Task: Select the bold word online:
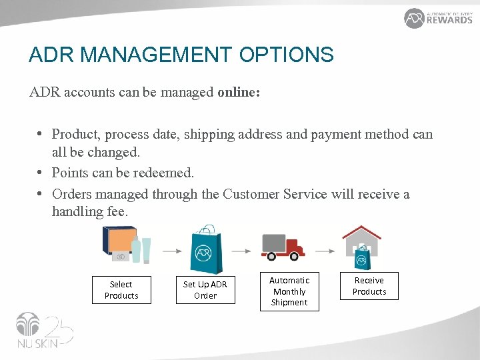(x=239, y=92)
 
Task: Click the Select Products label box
(x=121, y=290)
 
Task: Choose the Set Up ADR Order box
(x=205, y=290)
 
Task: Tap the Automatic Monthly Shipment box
(x=289, y=291)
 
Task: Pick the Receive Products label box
(x=369, y=286)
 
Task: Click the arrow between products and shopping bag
(x=171, y=251)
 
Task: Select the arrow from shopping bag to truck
(x=241, y=251)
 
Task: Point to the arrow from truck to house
(x=325, y=251)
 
